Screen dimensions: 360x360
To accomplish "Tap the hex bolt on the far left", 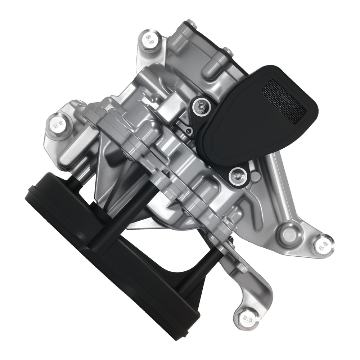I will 57,123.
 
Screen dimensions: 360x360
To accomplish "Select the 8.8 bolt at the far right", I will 321,246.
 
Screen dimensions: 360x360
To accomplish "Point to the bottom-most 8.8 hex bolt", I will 246,318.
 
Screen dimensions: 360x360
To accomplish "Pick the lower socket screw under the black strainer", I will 237,175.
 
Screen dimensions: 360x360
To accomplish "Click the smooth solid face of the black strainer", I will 238,133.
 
